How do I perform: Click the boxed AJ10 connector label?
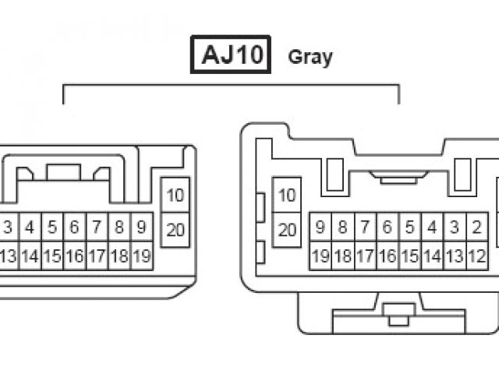coord(231,56)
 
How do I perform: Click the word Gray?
coord(310,57)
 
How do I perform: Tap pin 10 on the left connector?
coord(176,195)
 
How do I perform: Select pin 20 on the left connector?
coord(176,229)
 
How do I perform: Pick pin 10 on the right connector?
coord(287,195)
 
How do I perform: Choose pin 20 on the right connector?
coord(287,229)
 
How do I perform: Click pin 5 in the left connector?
coord(52,228)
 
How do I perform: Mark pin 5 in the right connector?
coord(409,228)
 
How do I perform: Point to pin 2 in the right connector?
coord(476,228)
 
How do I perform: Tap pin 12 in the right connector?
coord(476,256)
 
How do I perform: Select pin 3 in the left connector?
coord(8,228)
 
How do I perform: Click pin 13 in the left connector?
coord(8,256)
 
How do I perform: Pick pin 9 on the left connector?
coord(141,228)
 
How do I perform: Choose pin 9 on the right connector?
coord(320,228)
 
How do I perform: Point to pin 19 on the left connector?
coord(141,256)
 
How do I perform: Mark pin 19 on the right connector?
coord(320,256)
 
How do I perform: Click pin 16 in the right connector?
coord(387,256)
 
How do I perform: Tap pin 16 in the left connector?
coord(74,256)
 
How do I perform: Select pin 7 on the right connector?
coord(364,228)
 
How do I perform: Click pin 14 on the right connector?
coord(431,256)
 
